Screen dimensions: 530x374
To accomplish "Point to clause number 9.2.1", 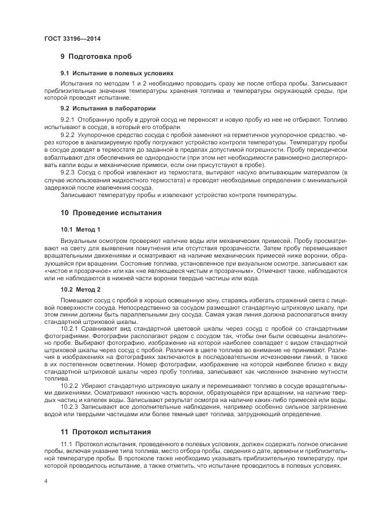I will (67, 119).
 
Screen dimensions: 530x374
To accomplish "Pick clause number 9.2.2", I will (67, 136).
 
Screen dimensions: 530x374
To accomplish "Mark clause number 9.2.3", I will (67, 172).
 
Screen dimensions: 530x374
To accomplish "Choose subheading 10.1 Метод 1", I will (80, 229).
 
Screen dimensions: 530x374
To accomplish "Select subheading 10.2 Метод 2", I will (80, 289).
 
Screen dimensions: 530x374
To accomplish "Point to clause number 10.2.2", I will (69, 385).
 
